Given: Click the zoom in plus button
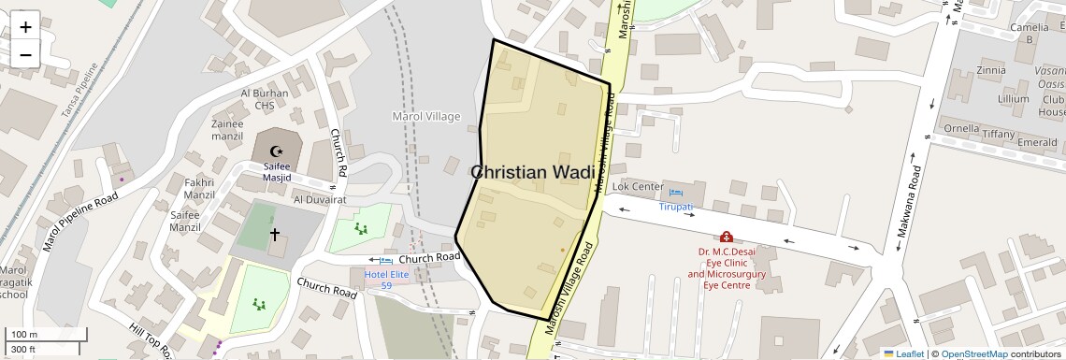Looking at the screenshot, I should (x=25, y=27).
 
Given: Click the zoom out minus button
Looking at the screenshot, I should (x=25, y=54).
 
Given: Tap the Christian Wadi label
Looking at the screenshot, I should (x=532, y=172).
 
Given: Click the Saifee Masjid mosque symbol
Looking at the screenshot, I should (x=275, y=151).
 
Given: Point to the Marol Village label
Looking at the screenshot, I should (x=425, y=116).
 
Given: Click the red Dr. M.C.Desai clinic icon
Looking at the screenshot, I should (x=727, y=238).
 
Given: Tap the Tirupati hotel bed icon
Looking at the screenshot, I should (x=676, y=193).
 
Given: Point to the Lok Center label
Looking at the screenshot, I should (x=638, y=187).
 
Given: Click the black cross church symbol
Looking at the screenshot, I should (x=275, y=234).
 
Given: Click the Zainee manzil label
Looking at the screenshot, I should (x=227, y=129).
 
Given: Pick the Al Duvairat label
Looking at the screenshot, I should (x=320, y=199).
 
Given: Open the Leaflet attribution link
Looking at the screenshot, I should (x=903, y=353).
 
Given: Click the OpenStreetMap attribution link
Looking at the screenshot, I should (x=973, y=353).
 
